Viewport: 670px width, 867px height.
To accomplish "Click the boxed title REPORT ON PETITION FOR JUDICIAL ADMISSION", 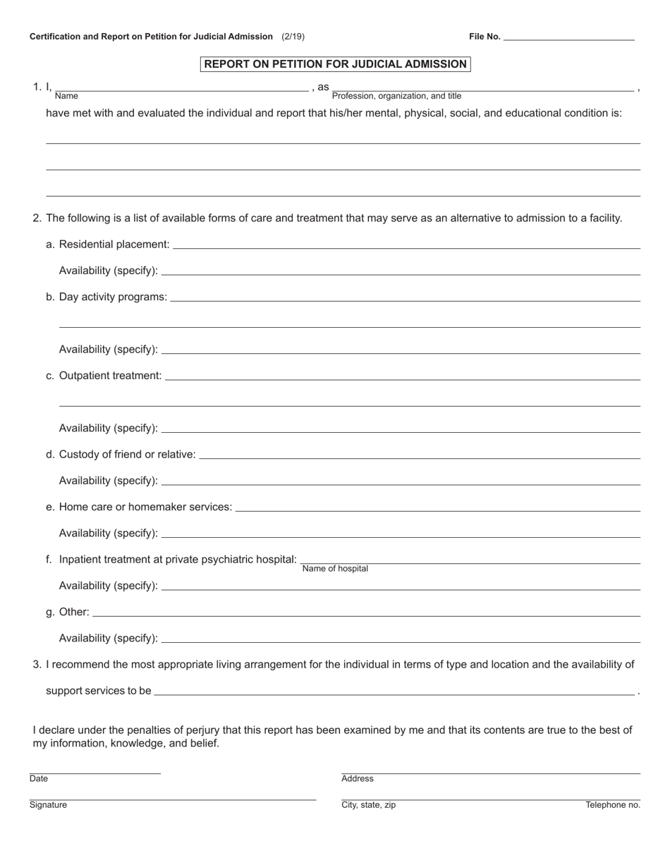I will [x=335, y=64].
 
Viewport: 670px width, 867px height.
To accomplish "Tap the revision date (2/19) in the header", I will [x=293, y=36].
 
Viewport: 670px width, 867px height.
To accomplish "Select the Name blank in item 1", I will [x=181, y=87].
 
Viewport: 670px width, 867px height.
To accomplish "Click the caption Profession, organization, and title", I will [x=396, y=96].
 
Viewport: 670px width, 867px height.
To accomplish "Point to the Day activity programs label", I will [x=113, y=297].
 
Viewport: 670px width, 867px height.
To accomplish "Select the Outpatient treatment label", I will [x=110, y=376].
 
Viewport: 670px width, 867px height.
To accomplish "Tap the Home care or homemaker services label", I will [x=145, y=507].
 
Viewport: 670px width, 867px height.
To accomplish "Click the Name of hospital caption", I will [x=335, y=569].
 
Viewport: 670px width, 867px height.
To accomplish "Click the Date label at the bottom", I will [x=39, y=779].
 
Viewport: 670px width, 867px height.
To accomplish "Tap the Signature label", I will [x=48, y=805].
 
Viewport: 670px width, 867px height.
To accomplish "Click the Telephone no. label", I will [x=613, y=805].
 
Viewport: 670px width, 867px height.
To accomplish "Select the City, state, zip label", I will [x=368, y=805].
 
